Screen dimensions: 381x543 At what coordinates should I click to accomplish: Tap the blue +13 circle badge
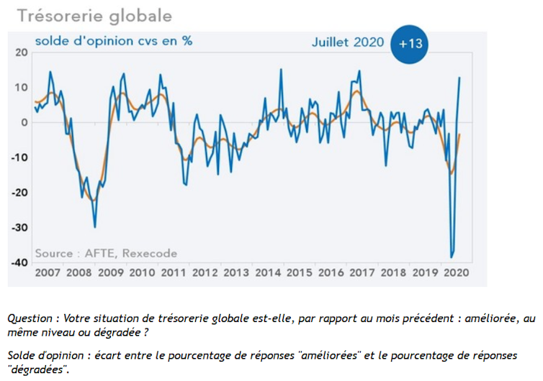[x=410, y=43]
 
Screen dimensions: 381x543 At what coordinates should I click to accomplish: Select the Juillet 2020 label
[x=348, y=42]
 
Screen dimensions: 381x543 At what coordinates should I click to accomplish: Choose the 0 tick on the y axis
[x=24, y=122]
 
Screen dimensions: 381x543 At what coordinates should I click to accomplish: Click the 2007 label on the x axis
[x=48, y=273]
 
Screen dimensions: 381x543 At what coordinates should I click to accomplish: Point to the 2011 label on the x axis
[x=174, y=273]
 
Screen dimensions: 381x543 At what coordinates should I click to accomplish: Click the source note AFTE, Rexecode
[x=106, y=253]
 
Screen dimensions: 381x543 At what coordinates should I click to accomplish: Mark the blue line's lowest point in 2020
[x=452, y=257]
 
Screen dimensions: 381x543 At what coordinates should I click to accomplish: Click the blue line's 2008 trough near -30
[x=94, y=227]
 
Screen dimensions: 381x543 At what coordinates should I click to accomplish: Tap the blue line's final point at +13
[x=460, y=78]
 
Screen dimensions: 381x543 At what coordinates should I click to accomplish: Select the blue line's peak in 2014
[x=281, y=70]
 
